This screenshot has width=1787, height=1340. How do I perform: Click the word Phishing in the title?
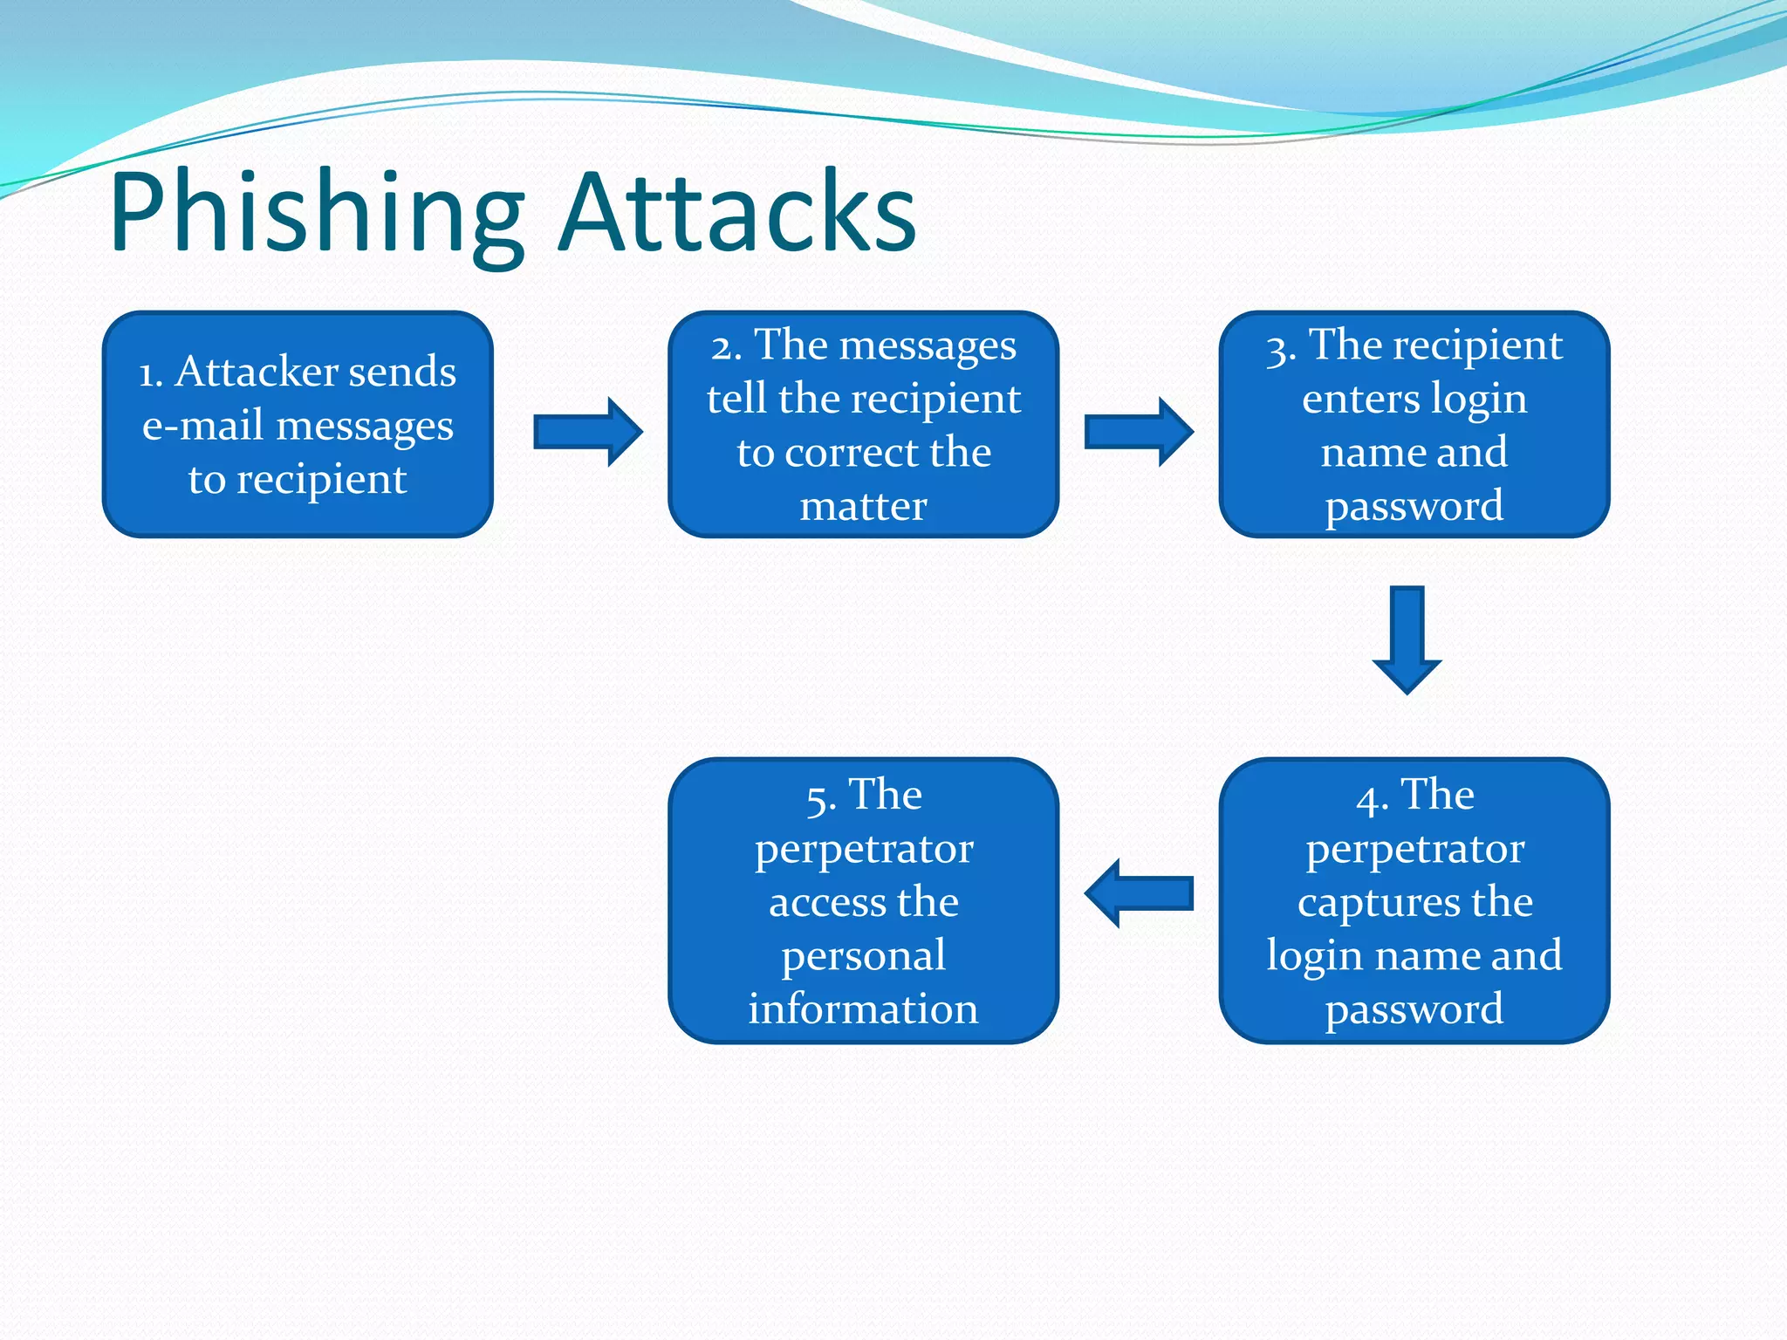pos(316,214)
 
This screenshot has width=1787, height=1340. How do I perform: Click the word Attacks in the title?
pos(737,214)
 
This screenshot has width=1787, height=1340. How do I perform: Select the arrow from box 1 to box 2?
pos(587,432)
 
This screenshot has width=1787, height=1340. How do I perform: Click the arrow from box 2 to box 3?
pos(1138,432)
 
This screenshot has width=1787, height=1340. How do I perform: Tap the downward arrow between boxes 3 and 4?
pos(1407,639)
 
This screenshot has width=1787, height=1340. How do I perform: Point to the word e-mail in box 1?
pos(202,427)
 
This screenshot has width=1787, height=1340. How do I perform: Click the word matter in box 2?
pos(863,507)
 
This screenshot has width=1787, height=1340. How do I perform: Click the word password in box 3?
pos(1414,507)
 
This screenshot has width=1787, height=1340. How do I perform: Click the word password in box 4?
pos(1414,1010)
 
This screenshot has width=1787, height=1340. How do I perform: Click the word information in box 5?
pos(863,1009)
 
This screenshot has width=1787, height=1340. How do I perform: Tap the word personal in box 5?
pos(863,956)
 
